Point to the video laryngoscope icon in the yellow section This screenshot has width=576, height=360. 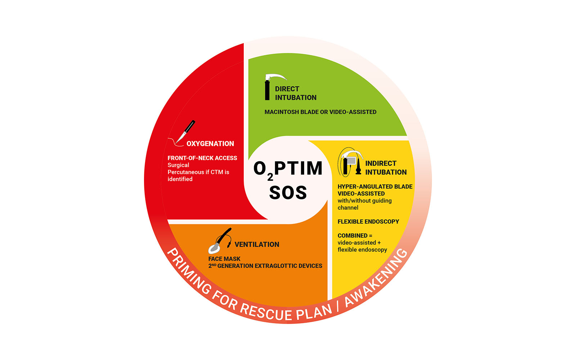point(350,162)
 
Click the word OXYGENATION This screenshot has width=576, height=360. point(210,144)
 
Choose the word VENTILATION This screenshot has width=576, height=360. point(257,244)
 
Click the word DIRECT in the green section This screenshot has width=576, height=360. point(287,89)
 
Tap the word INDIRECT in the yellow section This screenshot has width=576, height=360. point(381,163)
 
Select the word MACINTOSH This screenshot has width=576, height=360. point(282,112)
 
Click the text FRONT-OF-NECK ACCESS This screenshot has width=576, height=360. point(202,158)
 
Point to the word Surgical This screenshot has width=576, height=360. point(178,165)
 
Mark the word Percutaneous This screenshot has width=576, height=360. point(186,172)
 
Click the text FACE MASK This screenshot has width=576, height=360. point(224,259)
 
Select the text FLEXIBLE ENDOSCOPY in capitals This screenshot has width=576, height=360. point(368,222)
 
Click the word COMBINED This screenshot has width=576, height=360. point(352,235)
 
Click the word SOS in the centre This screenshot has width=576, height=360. point(288,193)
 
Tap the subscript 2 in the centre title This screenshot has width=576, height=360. point(270,177)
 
